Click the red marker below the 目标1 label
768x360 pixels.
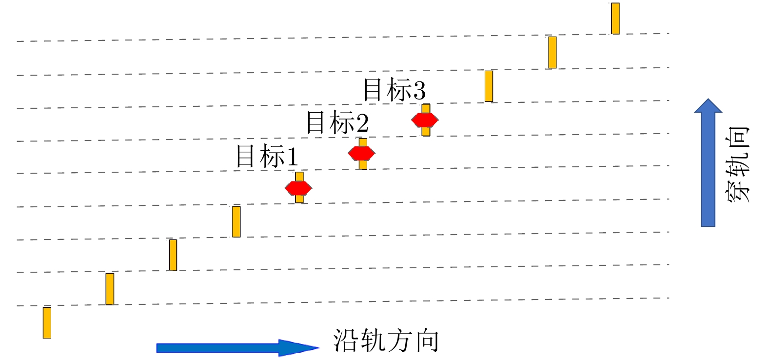(x=298, y=187)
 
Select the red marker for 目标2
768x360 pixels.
(x=361, y=153)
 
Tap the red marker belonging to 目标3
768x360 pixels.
(x=425, y=120)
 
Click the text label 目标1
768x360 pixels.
(x=266, y=156)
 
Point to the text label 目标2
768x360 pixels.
(x=337, y=122)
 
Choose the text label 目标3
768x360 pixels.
(x=394, y=90)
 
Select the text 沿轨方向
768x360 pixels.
(x=386, y=340)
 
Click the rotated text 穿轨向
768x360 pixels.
(x=737, y=165)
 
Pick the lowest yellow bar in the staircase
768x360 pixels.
(x=47, y=322)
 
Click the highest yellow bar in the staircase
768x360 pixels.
(x=615, y=19)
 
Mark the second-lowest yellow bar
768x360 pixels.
(x=110, y=289)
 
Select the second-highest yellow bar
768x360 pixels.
(x=552, y=52)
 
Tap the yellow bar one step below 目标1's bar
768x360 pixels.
(x=236, y=221)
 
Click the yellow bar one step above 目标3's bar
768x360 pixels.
(x=489, y=86)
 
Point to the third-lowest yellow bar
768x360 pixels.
(x=173, y=255)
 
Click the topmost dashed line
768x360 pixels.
(x=341, y=38)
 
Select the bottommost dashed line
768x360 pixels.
(x=341, y=302)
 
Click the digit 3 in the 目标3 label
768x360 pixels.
(x=419, y=91)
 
